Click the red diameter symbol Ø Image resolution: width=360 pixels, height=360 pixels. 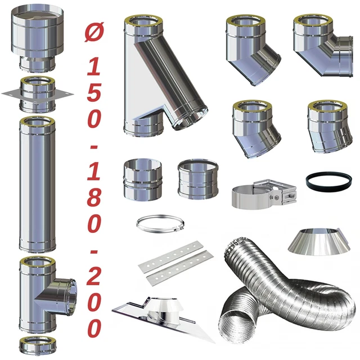coord(94,32)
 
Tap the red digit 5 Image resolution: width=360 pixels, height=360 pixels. coord(94,93)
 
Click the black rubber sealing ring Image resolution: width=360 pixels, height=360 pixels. coord(328,181)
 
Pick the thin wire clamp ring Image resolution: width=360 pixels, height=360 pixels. coord(160,224)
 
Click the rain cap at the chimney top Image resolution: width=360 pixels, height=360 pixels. coord(37,39)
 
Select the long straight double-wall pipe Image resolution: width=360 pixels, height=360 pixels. coord(37,184)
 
